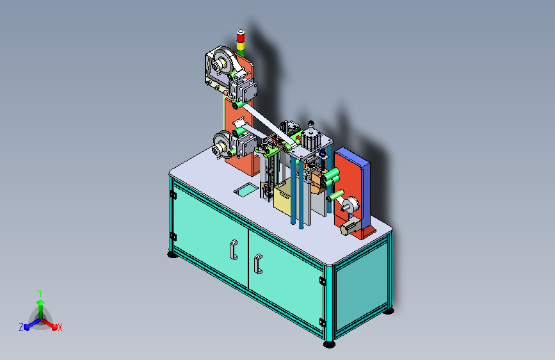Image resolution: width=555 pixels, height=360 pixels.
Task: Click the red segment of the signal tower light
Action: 241,37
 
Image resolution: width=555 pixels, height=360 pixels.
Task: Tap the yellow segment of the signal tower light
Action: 241,46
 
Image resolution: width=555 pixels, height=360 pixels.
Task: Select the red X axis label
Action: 60,327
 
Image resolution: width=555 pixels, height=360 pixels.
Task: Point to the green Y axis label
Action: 40,293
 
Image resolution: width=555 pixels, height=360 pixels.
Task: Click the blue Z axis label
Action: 21,327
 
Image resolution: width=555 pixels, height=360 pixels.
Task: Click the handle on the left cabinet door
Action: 233,249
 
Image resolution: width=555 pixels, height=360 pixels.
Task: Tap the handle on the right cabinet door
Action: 259,264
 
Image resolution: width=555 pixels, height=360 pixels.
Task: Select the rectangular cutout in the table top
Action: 246,190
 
